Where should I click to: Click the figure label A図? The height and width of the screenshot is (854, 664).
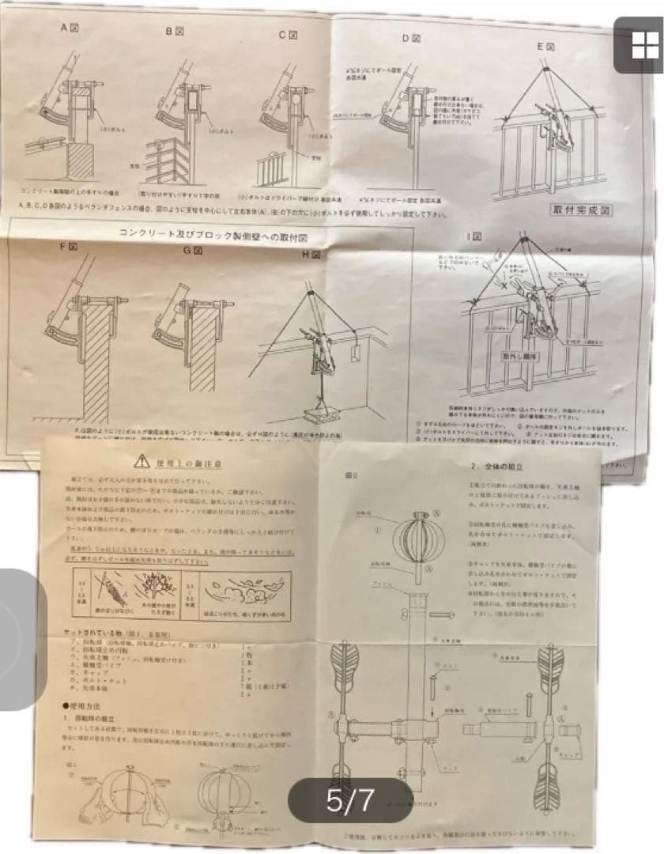70,28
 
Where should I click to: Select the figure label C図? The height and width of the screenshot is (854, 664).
288,35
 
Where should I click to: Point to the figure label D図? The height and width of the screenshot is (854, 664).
409,37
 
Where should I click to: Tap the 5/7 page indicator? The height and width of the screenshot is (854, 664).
349,799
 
